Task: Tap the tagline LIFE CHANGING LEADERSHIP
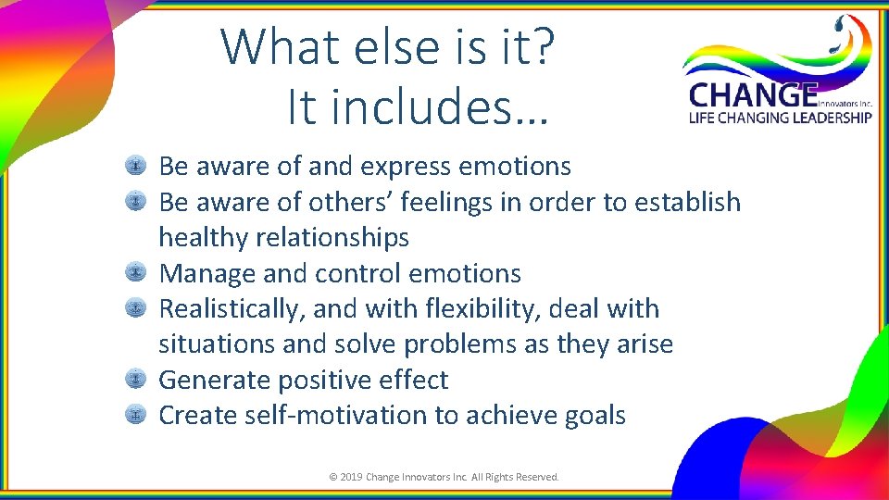[779, 118]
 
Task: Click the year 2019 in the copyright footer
[352, 477]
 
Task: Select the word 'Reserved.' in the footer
[536, 477]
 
